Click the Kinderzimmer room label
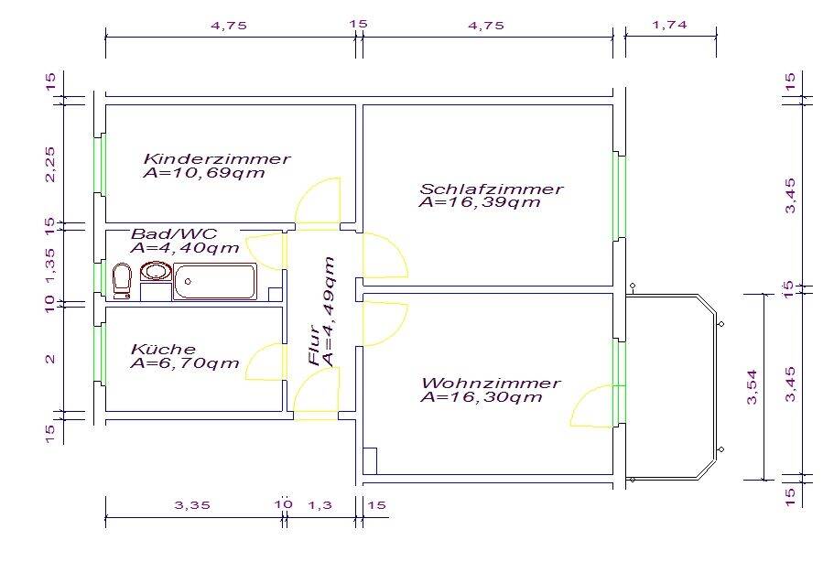coord(217,158)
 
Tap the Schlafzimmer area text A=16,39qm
coord(480,202)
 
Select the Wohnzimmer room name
coord(491,383)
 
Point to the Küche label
coord(163,349)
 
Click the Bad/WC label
coord(174,233)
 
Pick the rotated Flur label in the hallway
coord(315,345)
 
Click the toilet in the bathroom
coord(122,281)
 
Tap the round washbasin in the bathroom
coord(156,271)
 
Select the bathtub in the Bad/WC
coord(215,282)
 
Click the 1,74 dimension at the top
coord(669,25)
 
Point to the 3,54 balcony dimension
coord(753,387)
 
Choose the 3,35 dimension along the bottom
coord(192,504)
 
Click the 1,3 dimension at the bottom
coord(320,504)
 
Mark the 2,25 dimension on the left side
coord(50,164)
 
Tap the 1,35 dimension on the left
coord(50,265)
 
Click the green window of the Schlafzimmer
coord(619,197)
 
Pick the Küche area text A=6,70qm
coord(185,363)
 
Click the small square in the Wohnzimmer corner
coord(370,461)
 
